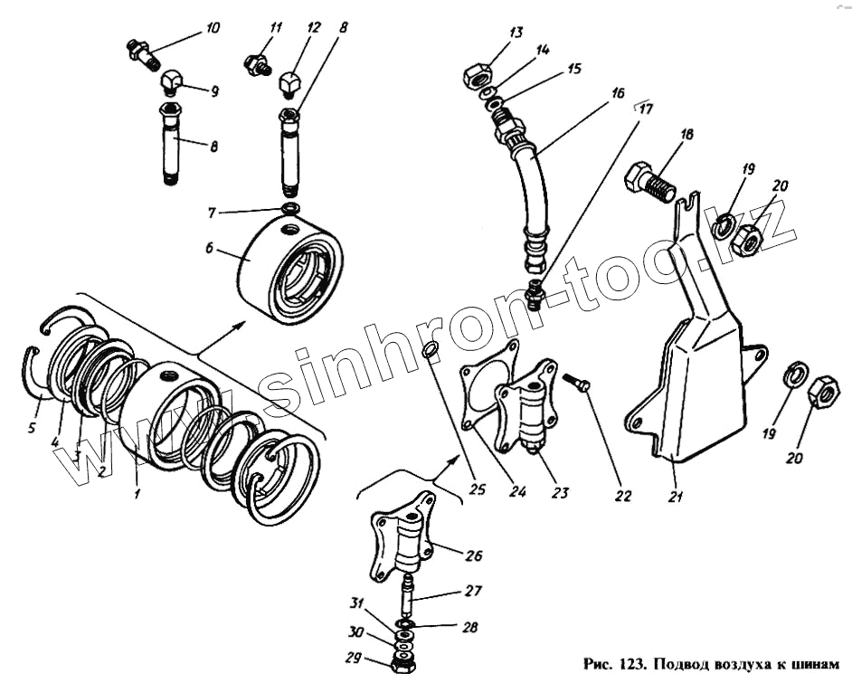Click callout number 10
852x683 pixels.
(x=213, y=29)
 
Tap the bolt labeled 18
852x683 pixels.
(x=651, y=183)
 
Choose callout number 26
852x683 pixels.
(x=475, y=555)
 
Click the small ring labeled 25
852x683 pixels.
(x=431, y=350)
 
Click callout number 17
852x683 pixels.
(x=644, y=109)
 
